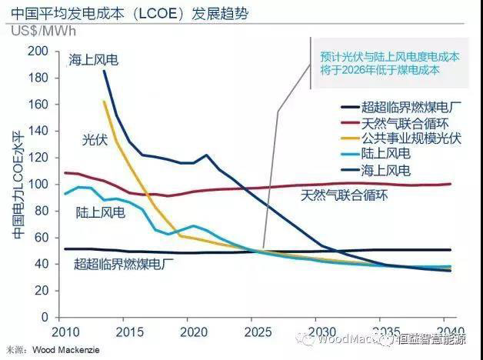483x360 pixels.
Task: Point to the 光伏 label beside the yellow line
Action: coord(95,139)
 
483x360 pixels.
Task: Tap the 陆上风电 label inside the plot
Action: coord(101,212)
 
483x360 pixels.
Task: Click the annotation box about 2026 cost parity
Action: coord(389,62)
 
